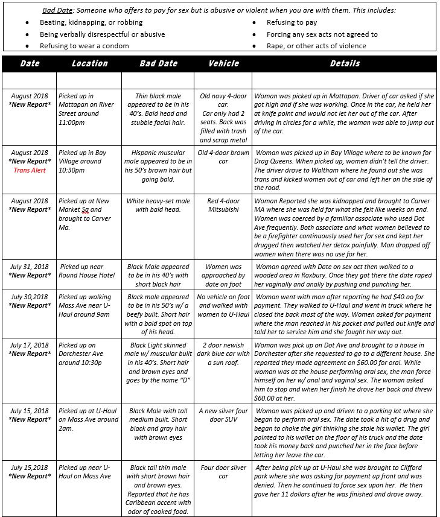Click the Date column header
pos(30,63)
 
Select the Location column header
pos(89,63)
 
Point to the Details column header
pos(345,63)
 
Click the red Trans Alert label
pos(30,170)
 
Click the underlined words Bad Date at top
pos(57,11)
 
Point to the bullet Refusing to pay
pos(292,23)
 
